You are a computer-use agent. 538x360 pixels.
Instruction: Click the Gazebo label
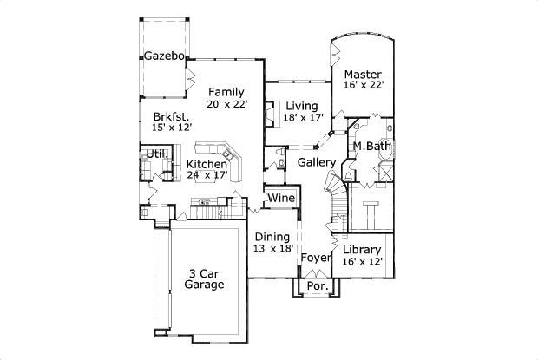164,56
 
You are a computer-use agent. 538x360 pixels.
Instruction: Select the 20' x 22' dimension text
227,104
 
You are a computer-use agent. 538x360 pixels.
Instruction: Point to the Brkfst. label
172,115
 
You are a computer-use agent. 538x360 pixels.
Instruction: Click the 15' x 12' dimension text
172,128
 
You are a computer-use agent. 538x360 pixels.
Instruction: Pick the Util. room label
156,154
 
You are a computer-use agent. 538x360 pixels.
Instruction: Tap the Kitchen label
207,164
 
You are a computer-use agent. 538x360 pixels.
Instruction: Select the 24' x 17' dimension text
207,175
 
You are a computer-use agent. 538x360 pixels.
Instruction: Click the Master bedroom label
363,74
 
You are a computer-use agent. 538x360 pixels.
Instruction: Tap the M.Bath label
371,146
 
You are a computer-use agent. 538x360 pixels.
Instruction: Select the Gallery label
316,162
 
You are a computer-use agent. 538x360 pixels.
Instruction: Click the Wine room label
280,199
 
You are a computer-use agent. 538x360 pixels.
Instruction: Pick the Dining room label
272,236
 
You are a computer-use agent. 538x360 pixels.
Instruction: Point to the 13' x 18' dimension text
272,248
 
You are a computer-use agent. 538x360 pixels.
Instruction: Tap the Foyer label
315,258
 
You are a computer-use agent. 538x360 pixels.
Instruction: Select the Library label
363,250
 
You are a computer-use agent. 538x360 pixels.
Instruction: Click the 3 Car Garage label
206,278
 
